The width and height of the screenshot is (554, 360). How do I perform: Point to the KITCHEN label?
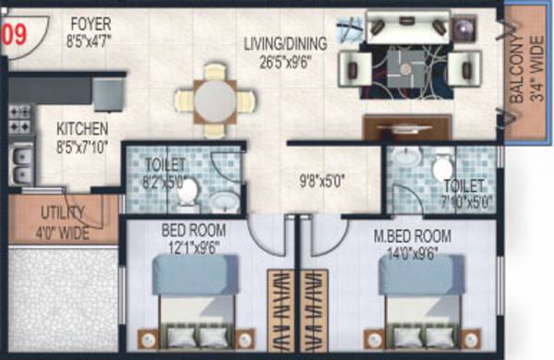pyautogui.click(x=81, y=136)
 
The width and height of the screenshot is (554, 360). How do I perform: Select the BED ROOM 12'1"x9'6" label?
pyautogui.click(x=190, y=239)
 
